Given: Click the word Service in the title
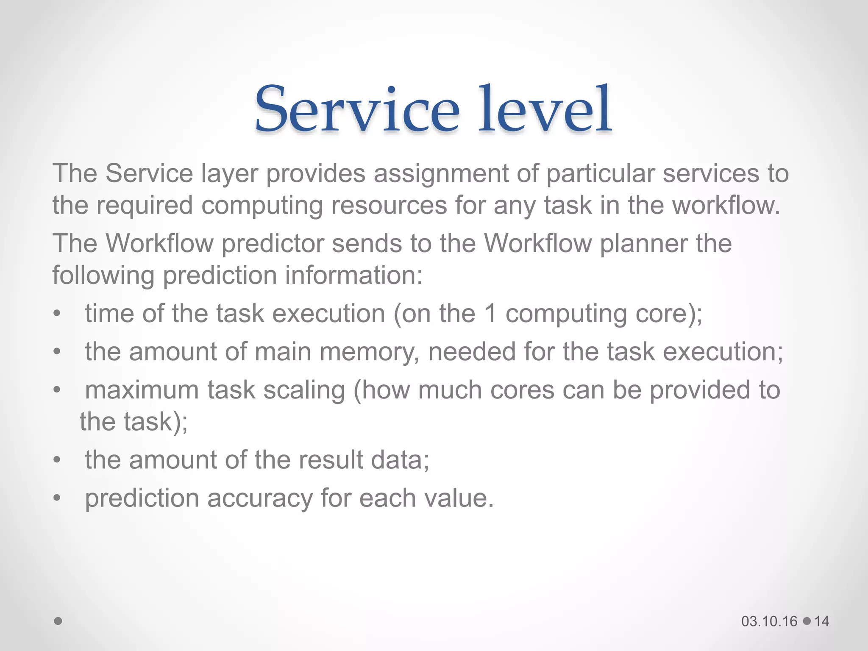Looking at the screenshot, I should coord(357,109).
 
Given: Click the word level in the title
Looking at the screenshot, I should coord(545,109).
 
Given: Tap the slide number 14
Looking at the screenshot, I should coord(822,621).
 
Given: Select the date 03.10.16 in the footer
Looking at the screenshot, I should coord(769,621).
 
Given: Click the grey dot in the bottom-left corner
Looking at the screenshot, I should coord(58,621).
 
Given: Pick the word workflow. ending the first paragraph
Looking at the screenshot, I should coord(726,205).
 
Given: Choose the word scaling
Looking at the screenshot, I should coord(304,390).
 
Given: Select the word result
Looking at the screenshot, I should coord(331,460).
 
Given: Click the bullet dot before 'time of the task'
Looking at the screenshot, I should coord(58,314).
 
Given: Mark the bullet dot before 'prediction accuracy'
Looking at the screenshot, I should coord(58,498).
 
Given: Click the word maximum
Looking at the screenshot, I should coord(142,390).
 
